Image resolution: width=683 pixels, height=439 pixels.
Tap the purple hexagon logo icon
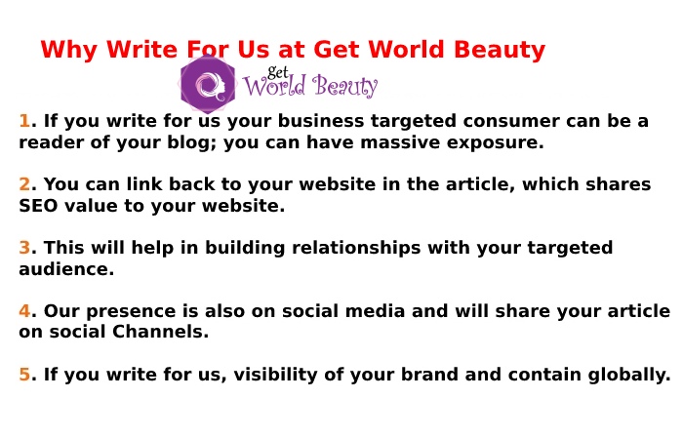(x=207, y=85)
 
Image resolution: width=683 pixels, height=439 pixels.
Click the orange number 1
(x=24, y=121)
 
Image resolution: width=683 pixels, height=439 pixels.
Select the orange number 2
(x=25, y=184)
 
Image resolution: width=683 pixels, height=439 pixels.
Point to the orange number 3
(x=25, y=248)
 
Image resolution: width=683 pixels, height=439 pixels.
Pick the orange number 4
(x=25, y=311)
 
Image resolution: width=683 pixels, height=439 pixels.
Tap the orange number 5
(x=25, y=375)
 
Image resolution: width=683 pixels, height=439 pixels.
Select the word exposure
(x=493, y=142)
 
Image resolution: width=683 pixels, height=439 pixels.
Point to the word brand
(x=439, y=375)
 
